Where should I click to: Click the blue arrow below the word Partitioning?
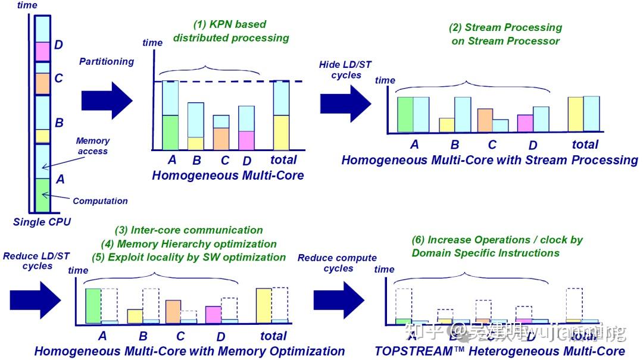tap(106, 96)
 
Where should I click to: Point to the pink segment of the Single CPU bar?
tap(42, 51)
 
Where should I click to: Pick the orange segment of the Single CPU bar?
tap(42, 83)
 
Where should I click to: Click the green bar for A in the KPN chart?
tap(170, 132)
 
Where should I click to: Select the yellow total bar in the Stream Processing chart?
tap(575, 114)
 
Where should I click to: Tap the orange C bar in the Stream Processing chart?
tap(485, 120)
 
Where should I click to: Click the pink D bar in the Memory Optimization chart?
tap(213, 315)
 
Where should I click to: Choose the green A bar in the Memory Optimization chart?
tap(93, 306)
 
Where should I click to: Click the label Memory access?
tap(93, 146)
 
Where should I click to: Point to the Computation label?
tap(101, 201)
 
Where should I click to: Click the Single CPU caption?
tap(42, 223)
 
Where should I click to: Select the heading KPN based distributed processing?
tap(230, 32)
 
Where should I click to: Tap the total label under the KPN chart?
tap(283, 160)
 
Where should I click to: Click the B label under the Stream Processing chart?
tap(455, 145)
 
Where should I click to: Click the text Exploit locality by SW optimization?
tap(189, 257)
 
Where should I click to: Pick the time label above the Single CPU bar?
tap(27, 5)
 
